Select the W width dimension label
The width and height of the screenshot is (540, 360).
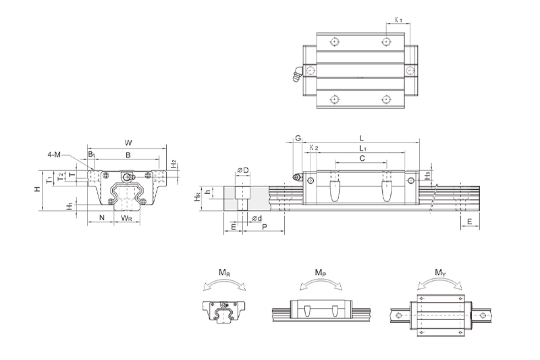(x=128, y=143)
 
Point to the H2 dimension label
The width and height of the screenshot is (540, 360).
(x=173, y=164)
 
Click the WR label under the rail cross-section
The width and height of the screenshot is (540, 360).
(x=126, y=218)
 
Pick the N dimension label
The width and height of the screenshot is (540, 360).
(x=101, y=218)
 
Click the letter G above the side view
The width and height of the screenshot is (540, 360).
(x=297, y=138)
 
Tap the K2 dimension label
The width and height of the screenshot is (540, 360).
(x=313, y=147)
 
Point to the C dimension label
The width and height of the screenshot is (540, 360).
(x=362, y=158)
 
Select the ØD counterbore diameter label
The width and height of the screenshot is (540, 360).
(x=243, y=170)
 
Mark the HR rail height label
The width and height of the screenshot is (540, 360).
(x=196, y=197)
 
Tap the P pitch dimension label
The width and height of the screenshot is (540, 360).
(x=263, y=228)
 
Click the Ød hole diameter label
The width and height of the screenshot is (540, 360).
(x=256, y=218)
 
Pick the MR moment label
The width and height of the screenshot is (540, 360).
(x=223, y=272)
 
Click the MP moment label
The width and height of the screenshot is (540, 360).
(x=321, y=272)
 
